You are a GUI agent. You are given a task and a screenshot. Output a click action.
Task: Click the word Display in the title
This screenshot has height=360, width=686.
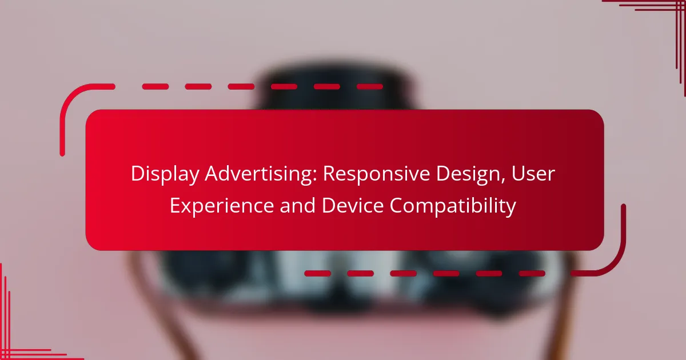pyautogui.click(x=165, y=174)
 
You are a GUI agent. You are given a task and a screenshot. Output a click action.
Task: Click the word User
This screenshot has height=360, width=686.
pyautogui.click(x=533, y=174)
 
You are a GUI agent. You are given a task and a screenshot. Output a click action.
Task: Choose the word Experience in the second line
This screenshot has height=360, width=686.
pyautogui.click(x=222, y=206)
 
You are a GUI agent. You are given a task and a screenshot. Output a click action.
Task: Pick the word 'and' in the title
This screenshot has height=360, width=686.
pyautogui.click(x=297, y=205)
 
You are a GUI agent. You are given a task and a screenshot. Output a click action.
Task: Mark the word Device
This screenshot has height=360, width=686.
pyautogui.click(x=353, y=205)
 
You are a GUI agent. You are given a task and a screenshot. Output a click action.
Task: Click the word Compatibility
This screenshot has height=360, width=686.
pyautogui.click(x=453, y=206)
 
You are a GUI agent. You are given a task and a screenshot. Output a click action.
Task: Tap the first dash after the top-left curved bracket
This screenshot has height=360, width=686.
pyautogui.click(x=155, y=87)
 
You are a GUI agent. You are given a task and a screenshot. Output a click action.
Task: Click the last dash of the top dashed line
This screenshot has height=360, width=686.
pyautogui.click(x=370, y=87)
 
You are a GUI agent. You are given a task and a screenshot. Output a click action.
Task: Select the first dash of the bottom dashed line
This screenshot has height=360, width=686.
pyautogui.click(x=318, y=273)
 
